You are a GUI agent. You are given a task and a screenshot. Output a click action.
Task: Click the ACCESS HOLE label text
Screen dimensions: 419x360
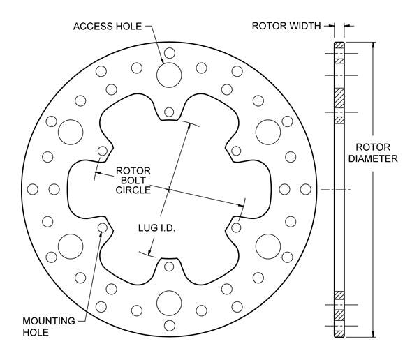(x=108, y=27)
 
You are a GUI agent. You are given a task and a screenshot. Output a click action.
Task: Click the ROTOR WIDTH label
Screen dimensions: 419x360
(x=286, y=26)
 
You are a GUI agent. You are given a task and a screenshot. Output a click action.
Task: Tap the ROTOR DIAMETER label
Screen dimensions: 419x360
(x=373, y=153)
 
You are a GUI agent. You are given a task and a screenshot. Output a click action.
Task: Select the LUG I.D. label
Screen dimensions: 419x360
(x=156, y=228)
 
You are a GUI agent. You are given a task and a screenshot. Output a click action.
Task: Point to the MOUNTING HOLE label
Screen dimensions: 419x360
(x=49, y=327)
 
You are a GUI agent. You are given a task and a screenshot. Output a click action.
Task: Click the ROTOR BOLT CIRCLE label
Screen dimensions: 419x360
(x=133, y=180)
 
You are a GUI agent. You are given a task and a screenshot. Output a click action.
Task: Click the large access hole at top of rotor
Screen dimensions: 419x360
(x=169, y=75)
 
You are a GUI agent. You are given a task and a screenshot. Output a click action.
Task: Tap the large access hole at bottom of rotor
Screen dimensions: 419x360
(x=169, y=303)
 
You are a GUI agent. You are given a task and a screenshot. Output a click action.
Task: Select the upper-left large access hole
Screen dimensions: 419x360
(x=71, y=132)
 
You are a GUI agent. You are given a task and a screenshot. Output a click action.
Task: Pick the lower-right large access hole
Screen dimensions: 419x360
(x=268, y=246)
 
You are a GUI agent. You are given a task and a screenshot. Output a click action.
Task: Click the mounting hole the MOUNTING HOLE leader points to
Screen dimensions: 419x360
(x=103, y=227)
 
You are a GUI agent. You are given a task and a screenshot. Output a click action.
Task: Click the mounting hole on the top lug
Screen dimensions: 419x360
(x=169, y=112)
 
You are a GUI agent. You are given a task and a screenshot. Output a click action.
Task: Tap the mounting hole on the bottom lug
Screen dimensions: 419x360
(x=169, y=267)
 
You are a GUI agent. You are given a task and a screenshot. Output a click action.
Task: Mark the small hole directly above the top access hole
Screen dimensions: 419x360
(x=170, y=53)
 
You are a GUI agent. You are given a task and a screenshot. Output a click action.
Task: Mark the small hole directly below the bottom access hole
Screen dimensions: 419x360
(x=170, y=326)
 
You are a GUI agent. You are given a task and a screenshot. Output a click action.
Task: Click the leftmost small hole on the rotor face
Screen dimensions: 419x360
(x=33, y=189)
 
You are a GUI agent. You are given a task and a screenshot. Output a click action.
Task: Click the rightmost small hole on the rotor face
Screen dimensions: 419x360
(x=306, y=189)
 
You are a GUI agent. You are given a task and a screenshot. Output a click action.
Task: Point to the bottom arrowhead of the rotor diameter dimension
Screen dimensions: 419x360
(x=374, y=334)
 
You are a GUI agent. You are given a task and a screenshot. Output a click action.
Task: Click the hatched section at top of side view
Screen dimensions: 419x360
(x=339, y=45)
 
